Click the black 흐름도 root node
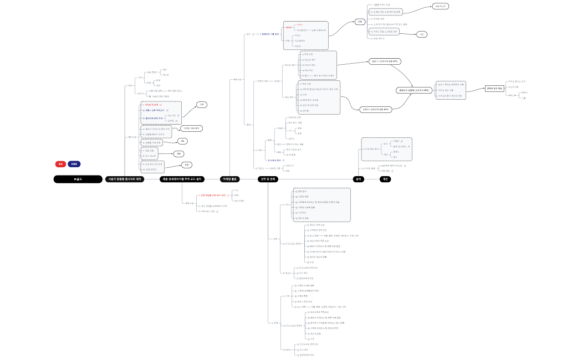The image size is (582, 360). click(78, 179)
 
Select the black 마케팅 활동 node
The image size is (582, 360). click(229, 179)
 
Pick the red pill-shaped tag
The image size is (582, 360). click(60, 164)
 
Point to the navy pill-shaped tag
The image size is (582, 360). click(75, 164)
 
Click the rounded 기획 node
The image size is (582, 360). click(203, 104)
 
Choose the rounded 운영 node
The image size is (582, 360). click(188, 165)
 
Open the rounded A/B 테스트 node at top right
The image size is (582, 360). click(441, 6)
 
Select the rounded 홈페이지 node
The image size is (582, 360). click(415, 90)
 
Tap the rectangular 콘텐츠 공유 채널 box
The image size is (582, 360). click(494, 88)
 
